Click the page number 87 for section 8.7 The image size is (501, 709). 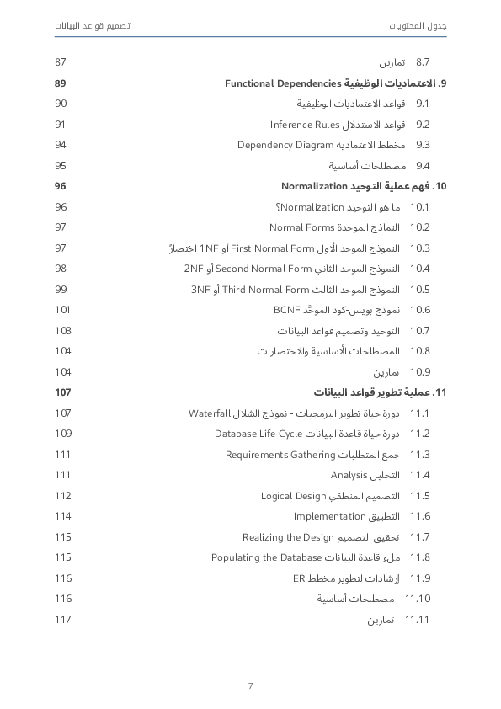pos(61,62)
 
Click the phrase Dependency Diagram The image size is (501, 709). pos(285,145)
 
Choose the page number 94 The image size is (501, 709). pos(61,145)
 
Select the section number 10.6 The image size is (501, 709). pos(419,310)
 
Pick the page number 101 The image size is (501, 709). pos(61,310)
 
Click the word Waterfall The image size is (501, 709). pos(210,413)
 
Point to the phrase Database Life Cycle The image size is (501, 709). pos(258,434)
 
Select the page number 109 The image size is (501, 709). pos(62,434)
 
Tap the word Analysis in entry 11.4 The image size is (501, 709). pos(349,475)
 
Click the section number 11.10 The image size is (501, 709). pos(418,599)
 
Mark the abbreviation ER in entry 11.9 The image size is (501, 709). pos(298,578)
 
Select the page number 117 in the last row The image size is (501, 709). pos(62,620)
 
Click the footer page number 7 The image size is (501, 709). pos(250,685)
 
